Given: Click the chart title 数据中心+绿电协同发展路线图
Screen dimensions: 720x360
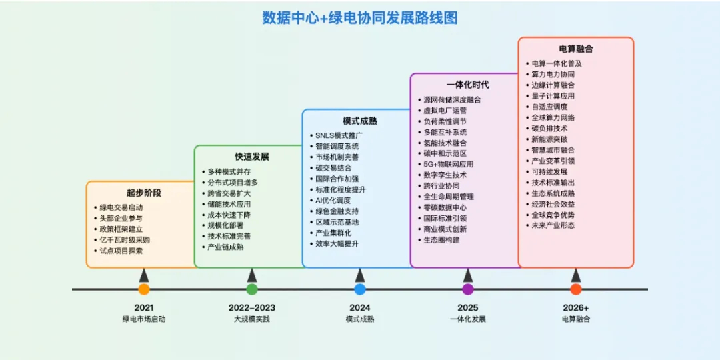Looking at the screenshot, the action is click(x=359, y=18).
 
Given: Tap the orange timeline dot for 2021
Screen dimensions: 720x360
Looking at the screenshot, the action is click(x=144, y=289).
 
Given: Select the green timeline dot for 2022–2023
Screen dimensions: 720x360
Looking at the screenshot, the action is click(x=251, y=289).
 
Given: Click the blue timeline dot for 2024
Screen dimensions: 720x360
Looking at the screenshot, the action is click(x=360, y=289).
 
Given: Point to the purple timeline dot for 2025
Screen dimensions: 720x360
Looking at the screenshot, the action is click(x=468, y=289).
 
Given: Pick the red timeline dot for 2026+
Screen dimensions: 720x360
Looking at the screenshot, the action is click(x=576, y=289).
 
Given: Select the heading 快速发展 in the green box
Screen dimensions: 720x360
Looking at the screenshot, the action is click(x=251, y=157).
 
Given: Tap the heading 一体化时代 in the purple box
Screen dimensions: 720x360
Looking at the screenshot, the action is click(x=468, y=85).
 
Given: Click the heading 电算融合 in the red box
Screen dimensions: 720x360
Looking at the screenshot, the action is click(x=576, y=49).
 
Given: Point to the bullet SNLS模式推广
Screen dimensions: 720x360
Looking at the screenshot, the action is click(x=339, y=135).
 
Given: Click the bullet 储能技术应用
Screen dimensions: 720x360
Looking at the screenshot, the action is click(x=229, y=204).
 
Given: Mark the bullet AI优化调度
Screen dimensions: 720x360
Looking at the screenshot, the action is click(x=333, y=200).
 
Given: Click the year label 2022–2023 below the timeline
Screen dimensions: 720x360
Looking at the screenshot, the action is click(x=251, y=307).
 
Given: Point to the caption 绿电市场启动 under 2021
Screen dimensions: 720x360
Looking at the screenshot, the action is click(x=144, y=319).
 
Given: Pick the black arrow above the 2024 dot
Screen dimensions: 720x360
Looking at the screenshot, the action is click(x=360, y=275).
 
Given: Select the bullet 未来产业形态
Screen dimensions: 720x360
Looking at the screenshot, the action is click(x=553, y=225).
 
